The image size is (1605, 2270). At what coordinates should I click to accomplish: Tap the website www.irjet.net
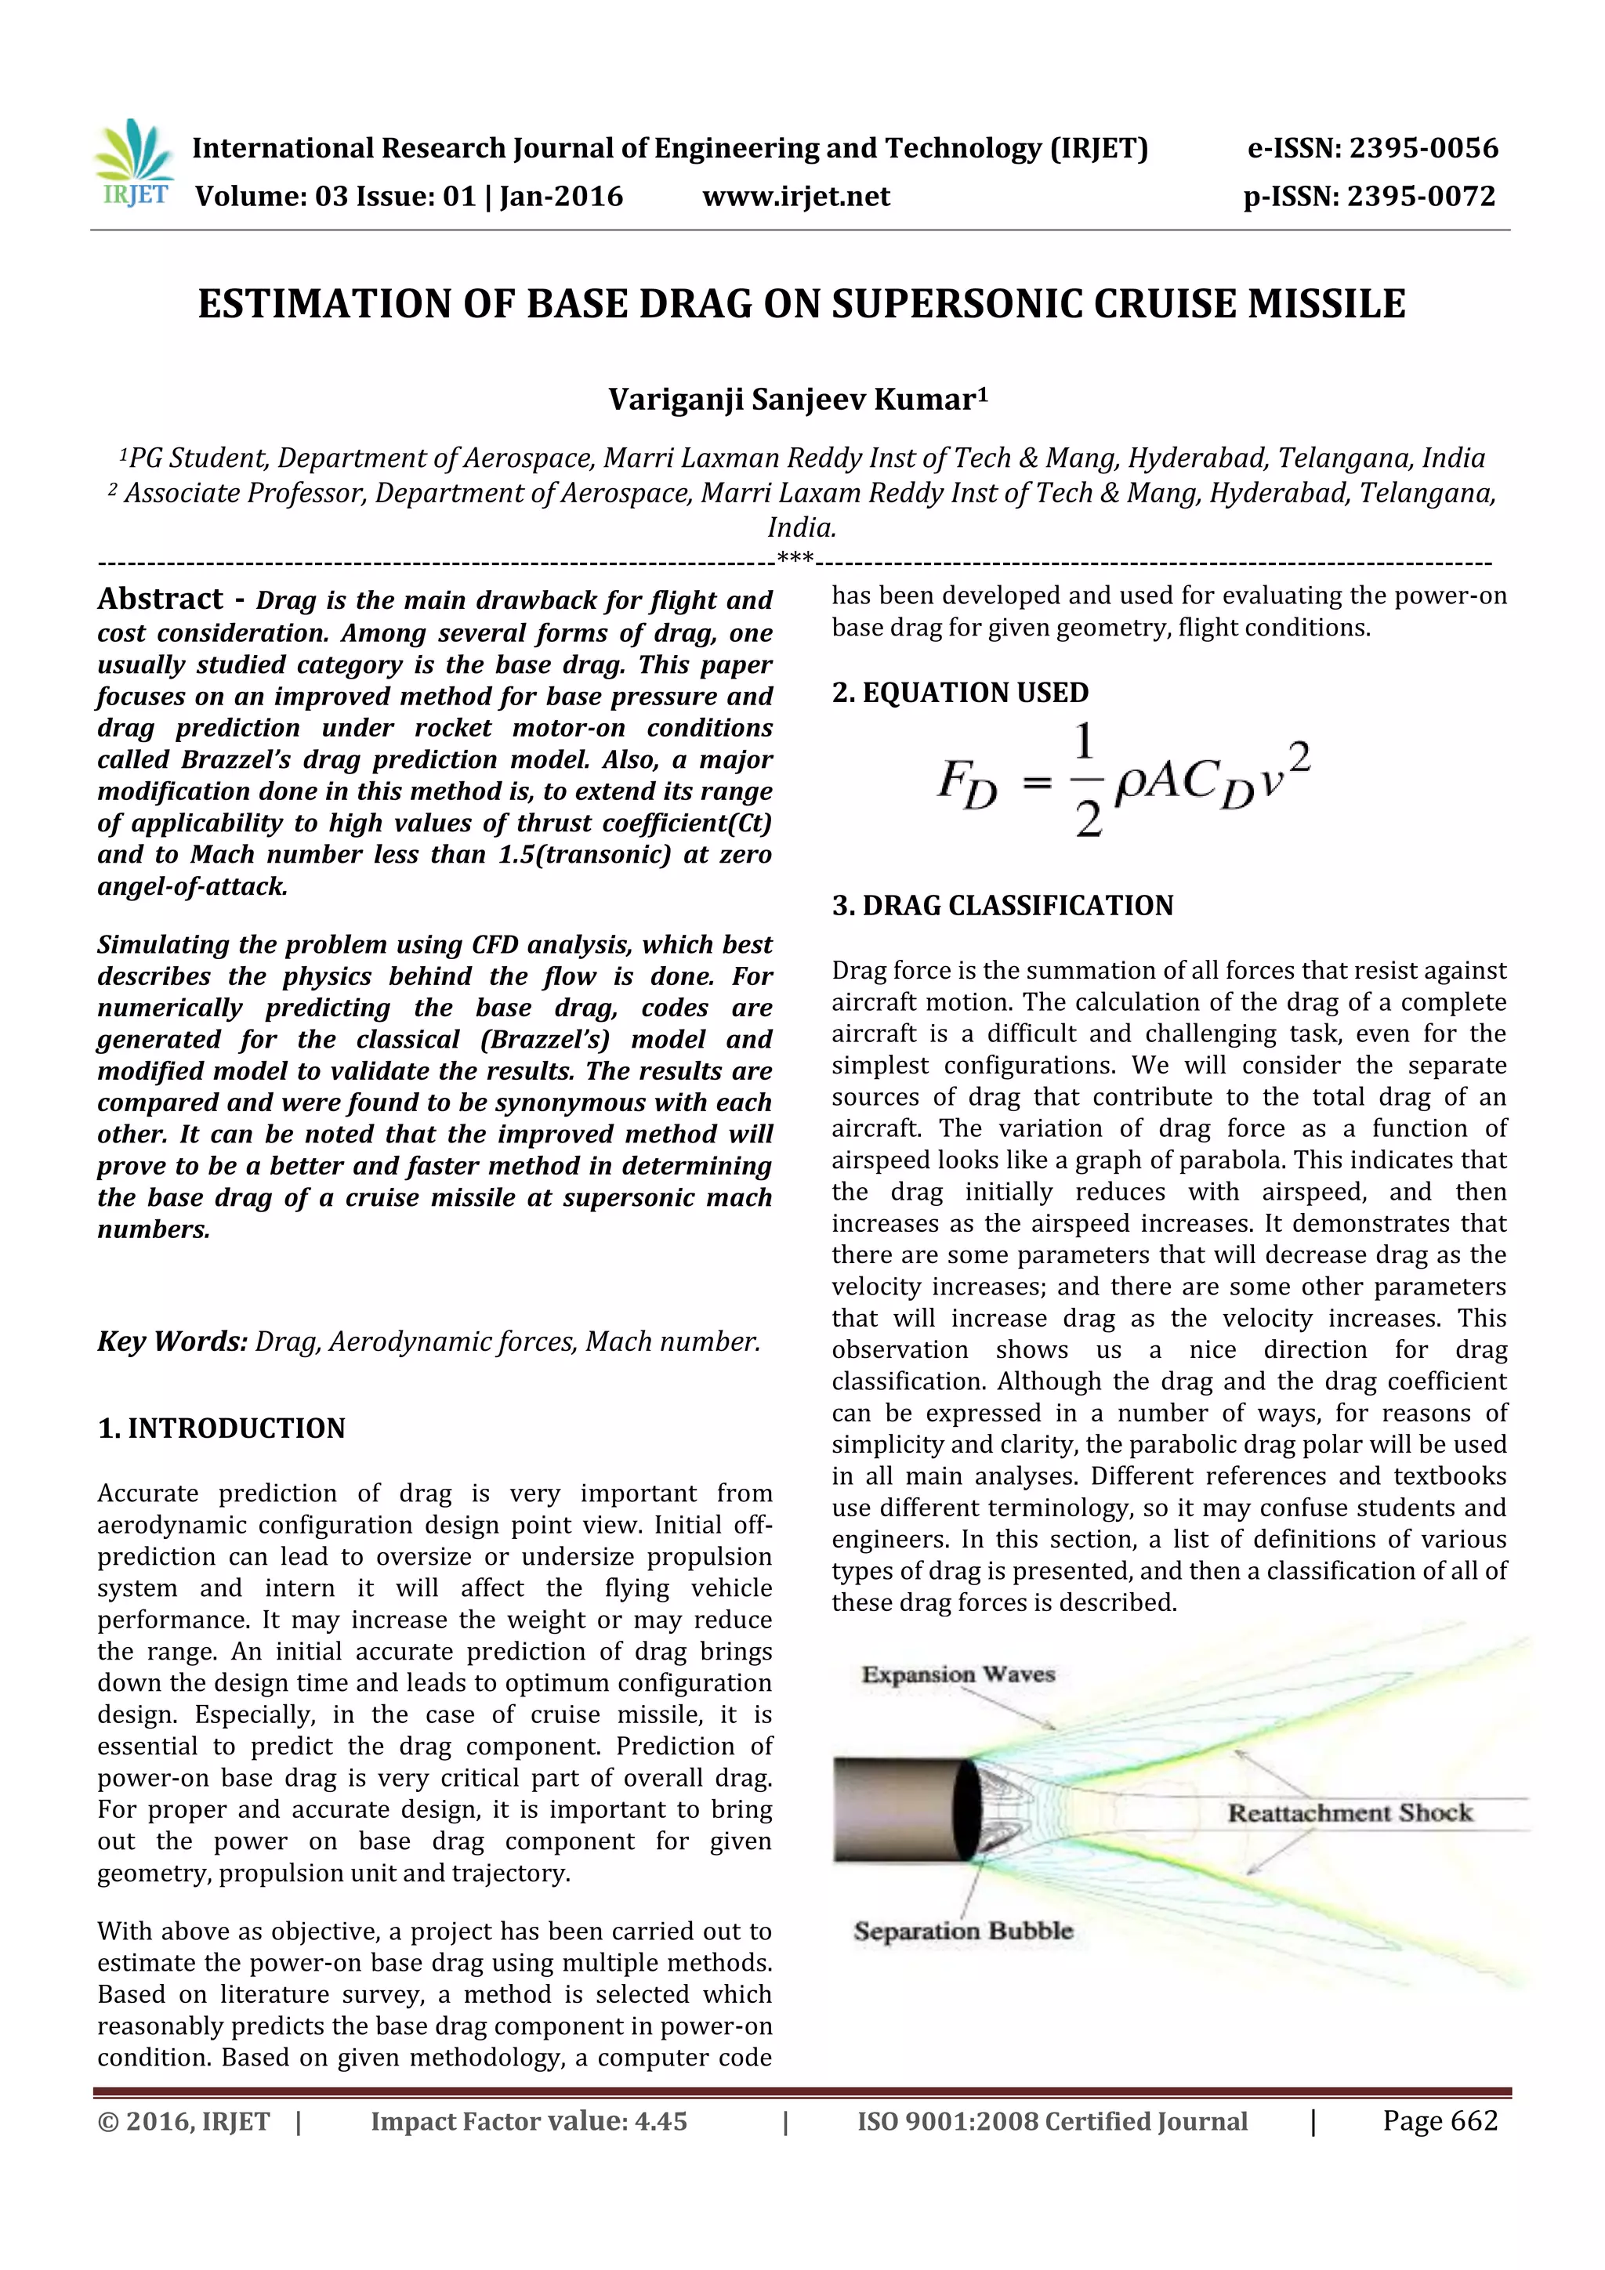(x=796, y=197)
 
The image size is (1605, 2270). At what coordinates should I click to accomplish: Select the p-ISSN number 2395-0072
(x=1421, y=197)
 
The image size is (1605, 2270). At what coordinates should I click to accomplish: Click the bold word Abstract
(x=160, y=599)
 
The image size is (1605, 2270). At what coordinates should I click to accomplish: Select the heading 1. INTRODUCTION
(x=222, y=1428)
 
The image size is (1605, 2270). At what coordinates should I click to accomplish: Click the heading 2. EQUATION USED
(x=960, y=692)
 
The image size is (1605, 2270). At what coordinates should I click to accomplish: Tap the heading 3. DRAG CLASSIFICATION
(x=1003, y=906)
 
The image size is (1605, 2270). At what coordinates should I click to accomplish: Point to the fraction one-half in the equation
(x=1087, y=780)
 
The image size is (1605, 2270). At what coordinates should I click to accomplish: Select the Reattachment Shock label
(x=1350, y=1813)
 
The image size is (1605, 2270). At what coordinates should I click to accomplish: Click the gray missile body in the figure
(x=895, y=1809)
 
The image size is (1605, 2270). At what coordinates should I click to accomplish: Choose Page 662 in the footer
(x=1440, y=2120)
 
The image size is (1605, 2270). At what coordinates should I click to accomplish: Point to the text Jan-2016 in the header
(x=560, y=197)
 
